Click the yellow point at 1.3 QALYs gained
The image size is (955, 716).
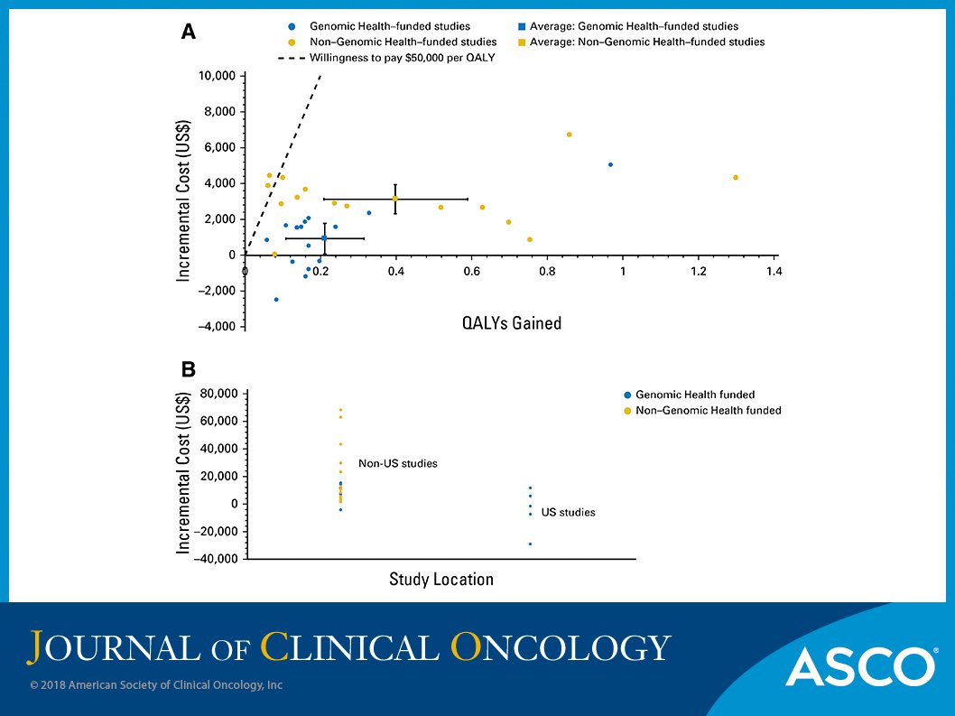click(736, 177)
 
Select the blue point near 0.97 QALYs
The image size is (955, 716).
click(610, 164)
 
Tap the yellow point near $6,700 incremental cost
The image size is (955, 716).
click(569, 135)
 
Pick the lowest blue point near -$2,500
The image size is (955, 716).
click(276, 299)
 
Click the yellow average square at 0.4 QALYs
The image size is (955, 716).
click(395, 199)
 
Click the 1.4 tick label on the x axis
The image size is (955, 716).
click(773, 271)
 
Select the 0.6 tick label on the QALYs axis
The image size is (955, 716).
click(471, 271)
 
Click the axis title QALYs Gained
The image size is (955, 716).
click(512, 322)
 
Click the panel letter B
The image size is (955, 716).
click(188, 369)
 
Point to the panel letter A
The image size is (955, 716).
click(188, 33)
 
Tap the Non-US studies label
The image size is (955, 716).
click(397, 463)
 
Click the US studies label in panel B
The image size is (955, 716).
click(568, 512)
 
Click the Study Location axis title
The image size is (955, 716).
click(440, 579)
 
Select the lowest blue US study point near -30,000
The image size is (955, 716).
click(530, 544)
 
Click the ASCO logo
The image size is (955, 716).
click(859, 666)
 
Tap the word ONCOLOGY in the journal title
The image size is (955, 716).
click(560, 647)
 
